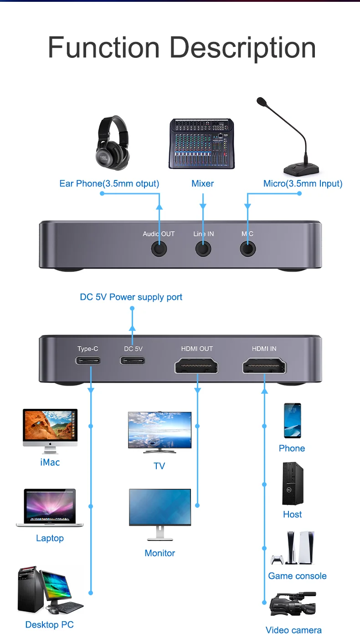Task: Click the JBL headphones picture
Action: point(112,143)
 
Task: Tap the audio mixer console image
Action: point(201,144)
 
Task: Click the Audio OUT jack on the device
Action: point(159,249)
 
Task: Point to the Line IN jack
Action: point(203,249)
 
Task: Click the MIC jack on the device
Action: point(247,249)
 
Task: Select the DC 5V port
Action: point(133,361)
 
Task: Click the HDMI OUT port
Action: point(197,366)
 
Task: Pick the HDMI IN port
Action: point(264,366)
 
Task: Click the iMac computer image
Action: point(50,431)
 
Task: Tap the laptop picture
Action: point(50,508)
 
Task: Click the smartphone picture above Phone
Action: point(292,421)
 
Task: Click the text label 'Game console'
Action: point(297,576)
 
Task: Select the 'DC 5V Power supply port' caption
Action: point(131,297)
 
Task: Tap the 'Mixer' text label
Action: point(202,184)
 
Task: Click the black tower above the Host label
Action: point(292,484)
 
